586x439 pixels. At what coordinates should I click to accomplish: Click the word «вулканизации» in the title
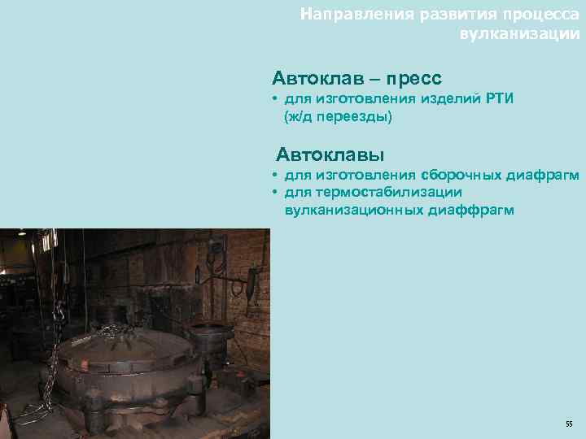pos(520,35)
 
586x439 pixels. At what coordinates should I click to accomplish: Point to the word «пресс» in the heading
pos(414,79)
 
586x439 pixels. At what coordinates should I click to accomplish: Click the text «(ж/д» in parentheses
pos(300,118)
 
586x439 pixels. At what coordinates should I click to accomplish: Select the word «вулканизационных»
pos(353,210)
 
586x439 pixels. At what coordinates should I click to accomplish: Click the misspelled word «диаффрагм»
pos(470,210)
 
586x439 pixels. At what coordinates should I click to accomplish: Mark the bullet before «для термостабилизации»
pos(277,192)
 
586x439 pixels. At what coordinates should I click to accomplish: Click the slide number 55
pos(568,424)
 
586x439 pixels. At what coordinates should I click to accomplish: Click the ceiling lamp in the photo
pos(22,233)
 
